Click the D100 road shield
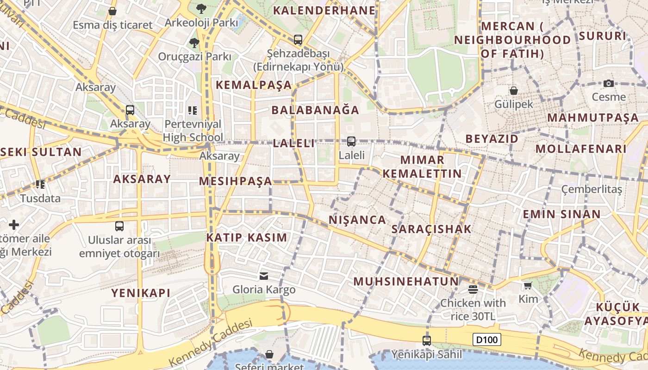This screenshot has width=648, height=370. (487, 340)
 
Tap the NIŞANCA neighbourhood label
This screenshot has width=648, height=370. (357, 220)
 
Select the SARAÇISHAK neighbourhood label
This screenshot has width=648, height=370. (431, 229)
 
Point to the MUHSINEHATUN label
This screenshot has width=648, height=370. (406, 281)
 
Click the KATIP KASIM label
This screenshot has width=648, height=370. (247, 238)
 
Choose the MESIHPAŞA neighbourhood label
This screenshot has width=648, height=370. (236, 181)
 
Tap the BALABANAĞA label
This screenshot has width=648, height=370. (315, 110)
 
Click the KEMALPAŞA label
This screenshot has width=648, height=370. (254, 85)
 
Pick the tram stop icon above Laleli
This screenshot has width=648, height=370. (351, 142)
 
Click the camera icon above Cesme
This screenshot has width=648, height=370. (609, 83)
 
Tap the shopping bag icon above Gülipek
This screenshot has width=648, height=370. (513, 90)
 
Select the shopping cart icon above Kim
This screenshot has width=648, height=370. (528, 285)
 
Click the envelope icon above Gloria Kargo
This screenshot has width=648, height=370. (264, 276)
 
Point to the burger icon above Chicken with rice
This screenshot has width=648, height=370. (473, 290)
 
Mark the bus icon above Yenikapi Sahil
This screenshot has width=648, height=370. (427, 341)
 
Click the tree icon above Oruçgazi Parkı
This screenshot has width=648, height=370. (194, 43)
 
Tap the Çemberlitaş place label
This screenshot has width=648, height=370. (592, 189)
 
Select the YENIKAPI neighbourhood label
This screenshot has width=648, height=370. (141, 293)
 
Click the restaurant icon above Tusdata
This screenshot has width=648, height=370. (40, 185)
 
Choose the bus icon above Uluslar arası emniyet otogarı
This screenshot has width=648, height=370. (119, 226)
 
